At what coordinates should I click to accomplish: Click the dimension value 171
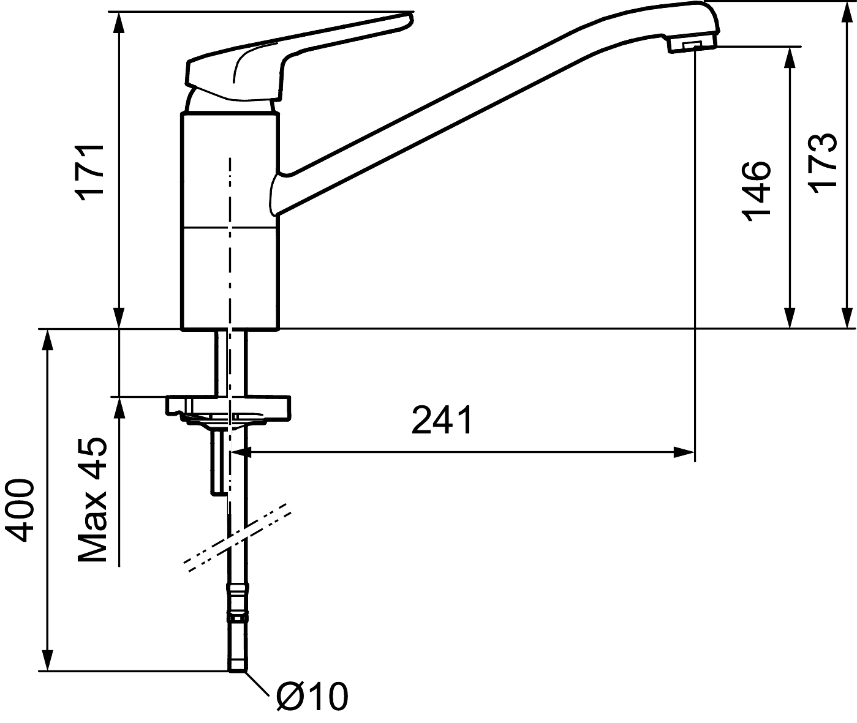coord(92,172)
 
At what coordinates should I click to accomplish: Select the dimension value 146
coord(756,191)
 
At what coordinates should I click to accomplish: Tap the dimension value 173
coord(822,163)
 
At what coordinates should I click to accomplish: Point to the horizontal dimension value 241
coord(442,420)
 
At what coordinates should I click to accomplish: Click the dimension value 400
coord(19,511)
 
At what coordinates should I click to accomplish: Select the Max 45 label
coord(92,500)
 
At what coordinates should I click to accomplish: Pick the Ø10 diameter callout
coord(312,697)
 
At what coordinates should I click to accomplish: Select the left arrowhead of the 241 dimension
coord(241,452)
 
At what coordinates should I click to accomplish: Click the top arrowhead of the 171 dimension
coord(119,23)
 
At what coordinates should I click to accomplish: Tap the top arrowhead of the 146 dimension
coord(790,58)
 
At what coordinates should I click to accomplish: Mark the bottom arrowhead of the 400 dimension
coord(48,661)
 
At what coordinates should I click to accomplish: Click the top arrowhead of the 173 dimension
coord(847,12)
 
